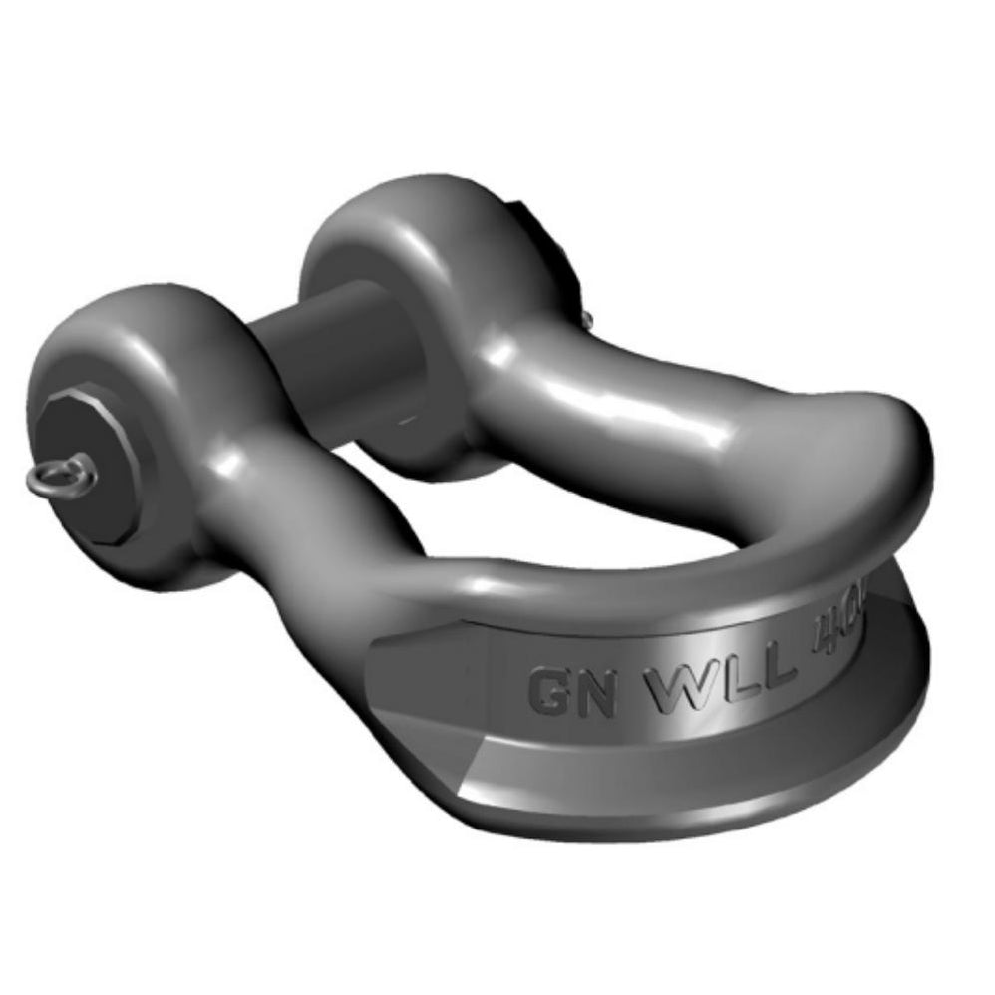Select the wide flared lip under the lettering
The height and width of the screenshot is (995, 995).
click(x=698, y=778)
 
